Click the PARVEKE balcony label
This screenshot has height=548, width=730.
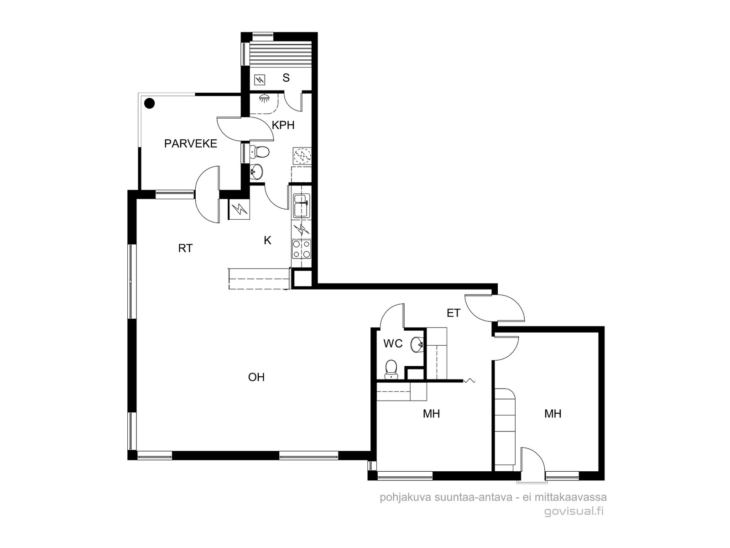(191, 144)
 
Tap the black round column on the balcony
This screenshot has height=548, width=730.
(150, 104)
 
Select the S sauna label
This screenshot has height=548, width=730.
(286, 78)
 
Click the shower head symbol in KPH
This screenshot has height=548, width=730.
(265, 98)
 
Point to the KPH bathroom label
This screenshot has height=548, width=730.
(283, 125)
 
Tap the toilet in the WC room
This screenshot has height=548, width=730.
(391, 369)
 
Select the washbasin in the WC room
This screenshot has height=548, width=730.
(417, 344)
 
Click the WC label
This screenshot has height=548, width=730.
(393, 343)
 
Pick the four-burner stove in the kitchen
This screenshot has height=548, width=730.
(301, 249)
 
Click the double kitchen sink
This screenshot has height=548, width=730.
(301, 205)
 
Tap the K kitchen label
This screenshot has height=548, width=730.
(267, 240)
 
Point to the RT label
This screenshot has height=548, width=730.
(185, 248)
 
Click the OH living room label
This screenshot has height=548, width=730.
(256, 377)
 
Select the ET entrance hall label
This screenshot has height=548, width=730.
(454, 313)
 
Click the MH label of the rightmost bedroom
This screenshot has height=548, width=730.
(553, 414)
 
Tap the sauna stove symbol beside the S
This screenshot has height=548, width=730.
(260, 80)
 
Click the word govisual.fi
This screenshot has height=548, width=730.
(574, 511)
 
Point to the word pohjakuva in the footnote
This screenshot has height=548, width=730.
(406, 498)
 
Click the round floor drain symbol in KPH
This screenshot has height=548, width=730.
(302, 156)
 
